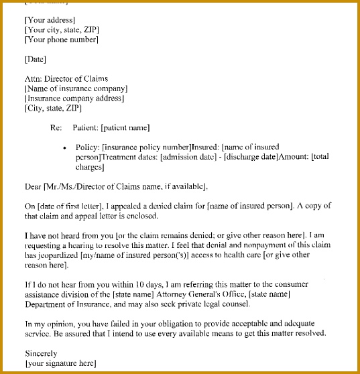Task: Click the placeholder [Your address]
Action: tap(50, 20)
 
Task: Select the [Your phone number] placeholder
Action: tap(61, 40)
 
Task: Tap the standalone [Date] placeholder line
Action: tap(35, 59)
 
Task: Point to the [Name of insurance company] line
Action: tap(76, 88)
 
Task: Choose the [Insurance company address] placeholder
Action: tap(74, 98)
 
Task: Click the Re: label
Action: tap(56, 127)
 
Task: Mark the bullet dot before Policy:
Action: tap(64, 147)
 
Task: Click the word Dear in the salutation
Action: tap(33, 186)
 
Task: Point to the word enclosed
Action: tap(139, 216)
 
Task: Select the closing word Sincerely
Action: tap(41, 353)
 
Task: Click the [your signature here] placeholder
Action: tap(60, 363)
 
